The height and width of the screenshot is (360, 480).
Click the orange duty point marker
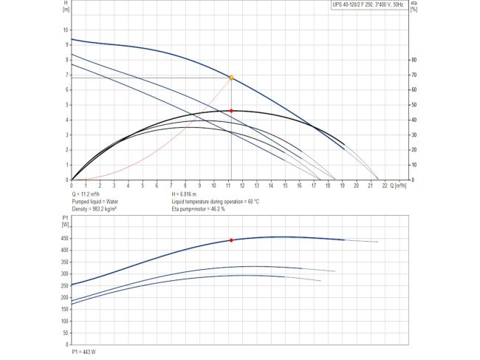point(231,78)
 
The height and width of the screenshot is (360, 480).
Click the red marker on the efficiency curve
point(231,111)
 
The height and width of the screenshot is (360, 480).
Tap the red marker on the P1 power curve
point(231,240)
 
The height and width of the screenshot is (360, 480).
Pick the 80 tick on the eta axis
point(415,60)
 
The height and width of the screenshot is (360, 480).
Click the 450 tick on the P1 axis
point(63,238)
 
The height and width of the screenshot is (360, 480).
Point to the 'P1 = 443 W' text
point(83,352)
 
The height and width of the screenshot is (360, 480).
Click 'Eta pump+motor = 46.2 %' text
point(199,209)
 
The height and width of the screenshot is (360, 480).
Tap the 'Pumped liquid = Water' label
point(95,201)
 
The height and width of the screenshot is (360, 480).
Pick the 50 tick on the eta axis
point(415,105)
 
